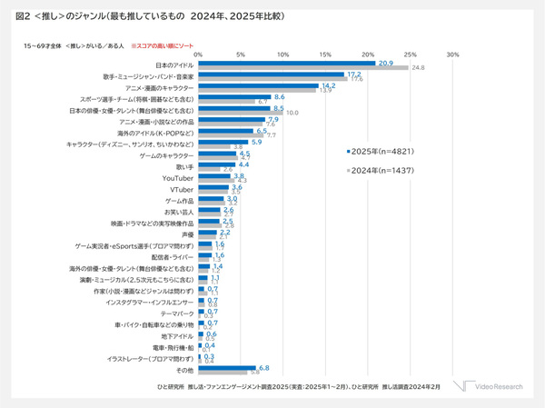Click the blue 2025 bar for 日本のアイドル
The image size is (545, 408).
tap(286, 64)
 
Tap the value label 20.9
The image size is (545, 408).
tap(385, 63)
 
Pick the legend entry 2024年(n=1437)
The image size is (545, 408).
tap(380, 170)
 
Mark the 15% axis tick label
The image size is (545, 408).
tap(325, 54)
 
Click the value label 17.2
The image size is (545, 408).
tap(354, 75)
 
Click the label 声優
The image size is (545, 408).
tap(187, 234)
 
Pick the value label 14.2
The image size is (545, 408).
tap(329, 85)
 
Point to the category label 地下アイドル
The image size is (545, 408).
tap(176, 335)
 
